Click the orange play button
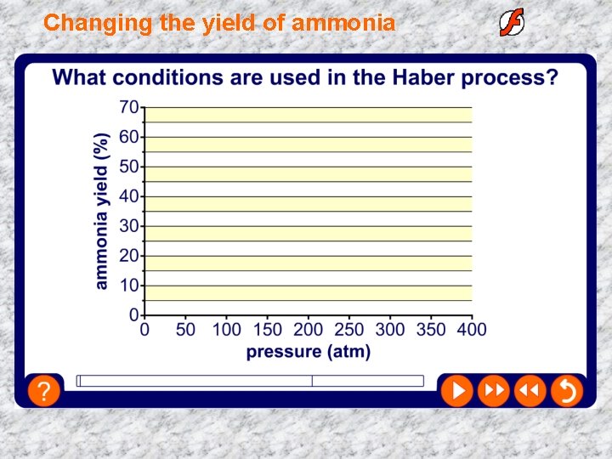pyautogui.click(x=456, y=391)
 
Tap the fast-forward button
pyautogui.click(x=493, y=391)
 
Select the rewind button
pyautogui.click(x=529, y=391)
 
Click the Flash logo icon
pyautogui.click(x=512, y=22)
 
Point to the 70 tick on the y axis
pyautogui.click(x=129, y=108)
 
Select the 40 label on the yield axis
pyautogui.click(x=129, y=197)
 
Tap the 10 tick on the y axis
pyautogui.click(x=129, y=286)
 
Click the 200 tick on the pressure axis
pyautogui.click(x=308, y=329)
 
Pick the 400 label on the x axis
pyautogui.click(x=472, y=329)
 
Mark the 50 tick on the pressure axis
pyautogui.click(x=184, y=329)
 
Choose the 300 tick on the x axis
pyautogui.click(x=390, y=329)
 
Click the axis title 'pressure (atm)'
pyautogui.click(x=308, y=351)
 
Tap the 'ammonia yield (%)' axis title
pyautogui.click(x=102, y=211)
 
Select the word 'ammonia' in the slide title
pyautogui.click(x=343, y=23)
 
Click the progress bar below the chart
pyautogui.click(x=250, y=381)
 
